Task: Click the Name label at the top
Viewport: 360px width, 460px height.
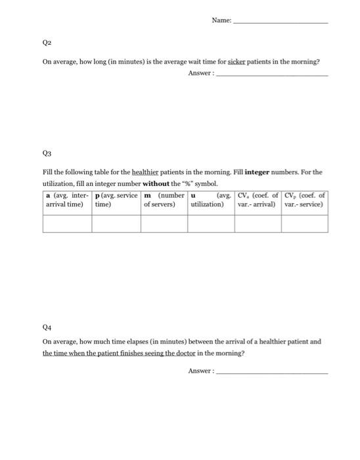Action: (221, 20)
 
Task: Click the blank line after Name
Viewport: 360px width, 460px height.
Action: (281, 22)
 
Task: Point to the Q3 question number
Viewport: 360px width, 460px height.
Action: (47, 152)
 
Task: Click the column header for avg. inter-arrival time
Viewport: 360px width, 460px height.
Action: (67, 200)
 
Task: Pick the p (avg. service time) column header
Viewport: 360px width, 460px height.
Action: (116, 200)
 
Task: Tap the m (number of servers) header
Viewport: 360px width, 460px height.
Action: (164, 200)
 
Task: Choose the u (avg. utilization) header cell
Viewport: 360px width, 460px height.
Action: (211, 200)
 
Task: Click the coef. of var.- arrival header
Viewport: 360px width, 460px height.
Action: (258, 200)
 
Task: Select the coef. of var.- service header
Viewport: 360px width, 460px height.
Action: (304, 200)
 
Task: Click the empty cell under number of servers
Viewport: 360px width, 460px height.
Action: (164, 223)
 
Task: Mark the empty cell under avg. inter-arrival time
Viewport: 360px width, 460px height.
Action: (67, 223)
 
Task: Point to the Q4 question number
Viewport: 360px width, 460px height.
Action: (47, 326)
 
